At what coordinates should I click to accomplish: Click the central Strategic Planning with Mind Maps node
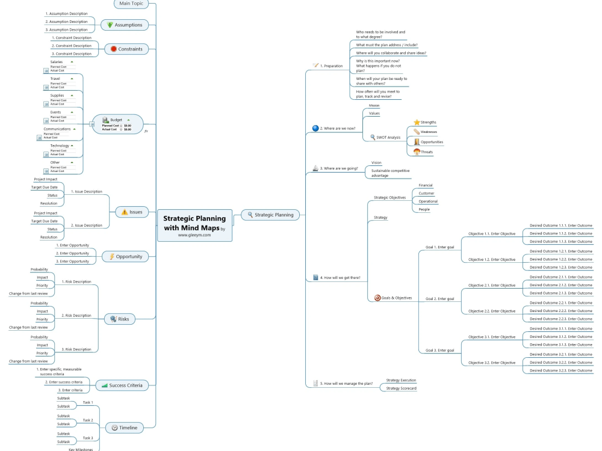(194, 223)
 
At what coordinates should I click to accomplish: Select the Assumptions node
(125, 25)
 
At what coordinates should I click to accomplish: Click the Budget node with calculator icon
(117, 124)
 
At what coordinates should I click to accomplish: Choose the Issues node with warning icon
(132, 212)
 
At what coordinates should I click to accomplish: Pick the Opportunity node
(125, 256)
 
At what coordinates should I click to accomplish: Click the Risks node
(120, 319)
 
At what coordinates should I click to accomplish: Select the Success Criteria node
(122, 385)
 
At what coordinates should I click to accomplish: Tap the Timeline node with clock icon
(125, 428)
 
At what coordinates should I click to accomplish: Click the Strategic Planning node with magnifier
(270, 215)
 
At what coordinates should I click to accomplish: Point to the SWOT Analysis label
(388, 137)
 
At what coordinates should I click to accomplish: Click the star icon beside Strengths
(417, 122)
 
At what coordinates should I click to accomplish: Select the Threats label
(427, 152)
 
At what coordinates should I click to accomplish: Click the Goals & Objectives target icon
(377, 298)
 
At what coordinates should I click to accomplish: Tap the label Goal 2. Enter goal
(439, 298)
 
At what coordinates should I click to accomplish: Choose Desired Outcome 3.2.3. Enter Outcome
(560, 370)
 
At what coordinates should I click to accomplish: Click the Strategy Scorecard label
(401, 388)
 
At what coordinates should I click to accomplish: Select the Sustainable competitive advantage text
(390, 173)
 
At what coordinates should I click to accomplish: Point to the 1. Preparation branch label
(331, 66)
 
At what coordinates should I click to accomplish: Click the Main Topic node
(131, 4)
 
